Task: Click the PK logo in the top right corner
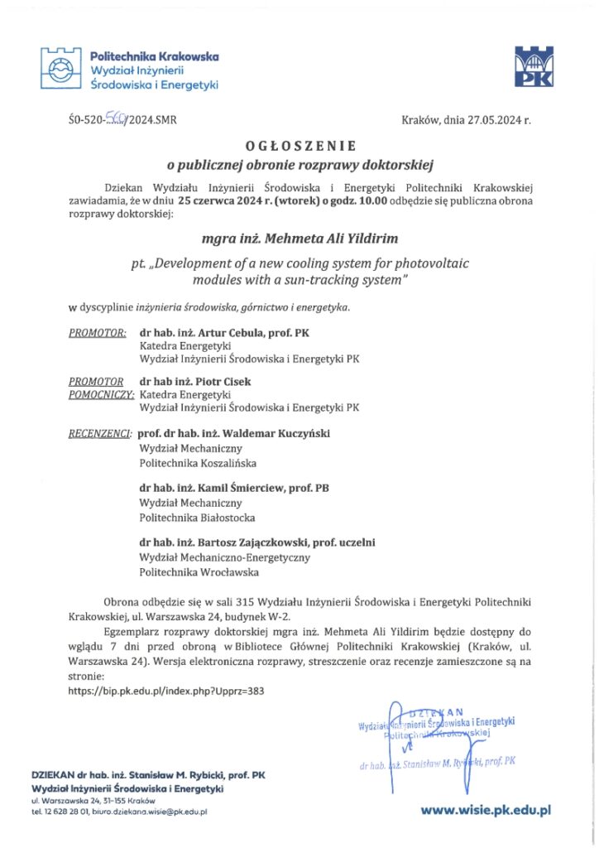tap(534, 67)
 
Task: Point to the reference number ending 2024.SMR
tap(122, 120)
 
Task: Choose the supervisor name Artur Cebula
tap(224, 333)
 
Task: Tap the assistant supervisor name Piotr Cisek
tap(219, 382)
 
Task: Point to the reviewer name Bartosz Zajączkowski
tap(257, 542)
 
